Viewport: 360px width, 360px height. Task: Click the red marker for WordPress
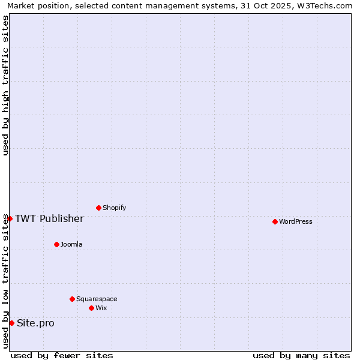pyautogui.click(x=275, y=221)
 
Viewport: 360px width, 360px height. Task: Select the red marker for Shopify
pyautogui.click(x=98, y=208)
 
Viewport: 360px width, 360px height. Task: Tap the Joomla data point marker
pyautogui.click(x=56, y=244)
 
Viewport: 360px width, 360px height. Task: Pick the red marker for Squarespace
pyautogui.click(x=72, y=299)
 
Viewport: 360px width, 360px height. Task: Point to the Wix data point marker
pyautogui.click(x=91, y=308)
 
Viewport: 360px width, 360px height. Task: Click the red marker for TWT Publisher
pyautogui.click(x=10, y=218)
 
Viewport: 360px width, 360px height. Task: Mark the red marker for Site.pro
pyautogui.click(x=11, y=323)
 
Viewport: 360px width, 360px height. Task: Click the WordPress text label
pyautogui.click(x=296, y=221)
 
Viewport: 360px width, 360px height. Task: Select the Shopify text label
pyautogui.click(x=115, y=208)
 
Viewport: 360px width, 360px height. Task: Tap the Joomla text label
pyautogui.click(x=71, y=244)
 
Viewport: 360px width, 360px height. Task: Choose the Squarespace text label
pyautogui.click(x=97, y=299)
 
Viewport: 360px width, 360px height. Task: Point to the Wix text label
pyautogui.click(x=101, y=308)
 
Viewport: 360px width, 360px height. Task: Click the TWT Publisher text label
pyautogui.click(x=49, y=218)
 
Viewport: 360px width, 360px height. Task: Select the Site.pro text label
pyautogui.click(x=35, y=323)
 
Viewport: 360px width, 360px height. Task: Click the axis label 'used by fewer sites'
pyautogui.click(x=62, y=355)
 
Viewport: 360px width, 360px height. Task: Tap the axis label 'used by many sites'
pyautogui.click(x=301, y=355)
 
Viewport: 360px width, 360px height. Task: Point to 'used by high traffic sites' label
pyautogui.click(x=5, y=85)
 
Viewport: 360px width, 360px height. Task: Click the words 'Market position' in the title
pyautogui.click(x=37, y=5)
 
